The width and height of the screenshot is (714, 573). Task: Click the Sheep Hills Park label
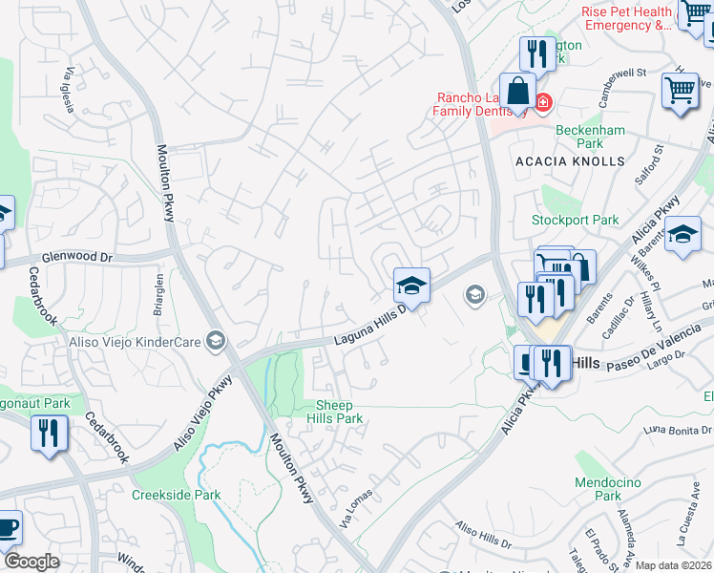(340, 412)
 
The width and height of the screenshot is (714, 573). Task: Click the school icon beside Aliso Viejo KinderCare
(217, 341)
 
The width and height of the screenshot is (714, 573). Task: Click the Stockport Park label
(576, 221)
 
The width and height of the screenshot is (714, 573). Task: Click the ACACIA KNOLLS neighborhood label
(570, 162)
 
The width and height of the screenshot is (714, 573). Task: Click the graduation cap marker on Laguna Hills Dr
(411, 285)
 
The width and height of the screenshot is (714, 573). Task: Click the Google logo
(31, 562)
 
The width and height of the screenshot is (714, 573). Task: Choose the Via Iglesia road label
(68, 91)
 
